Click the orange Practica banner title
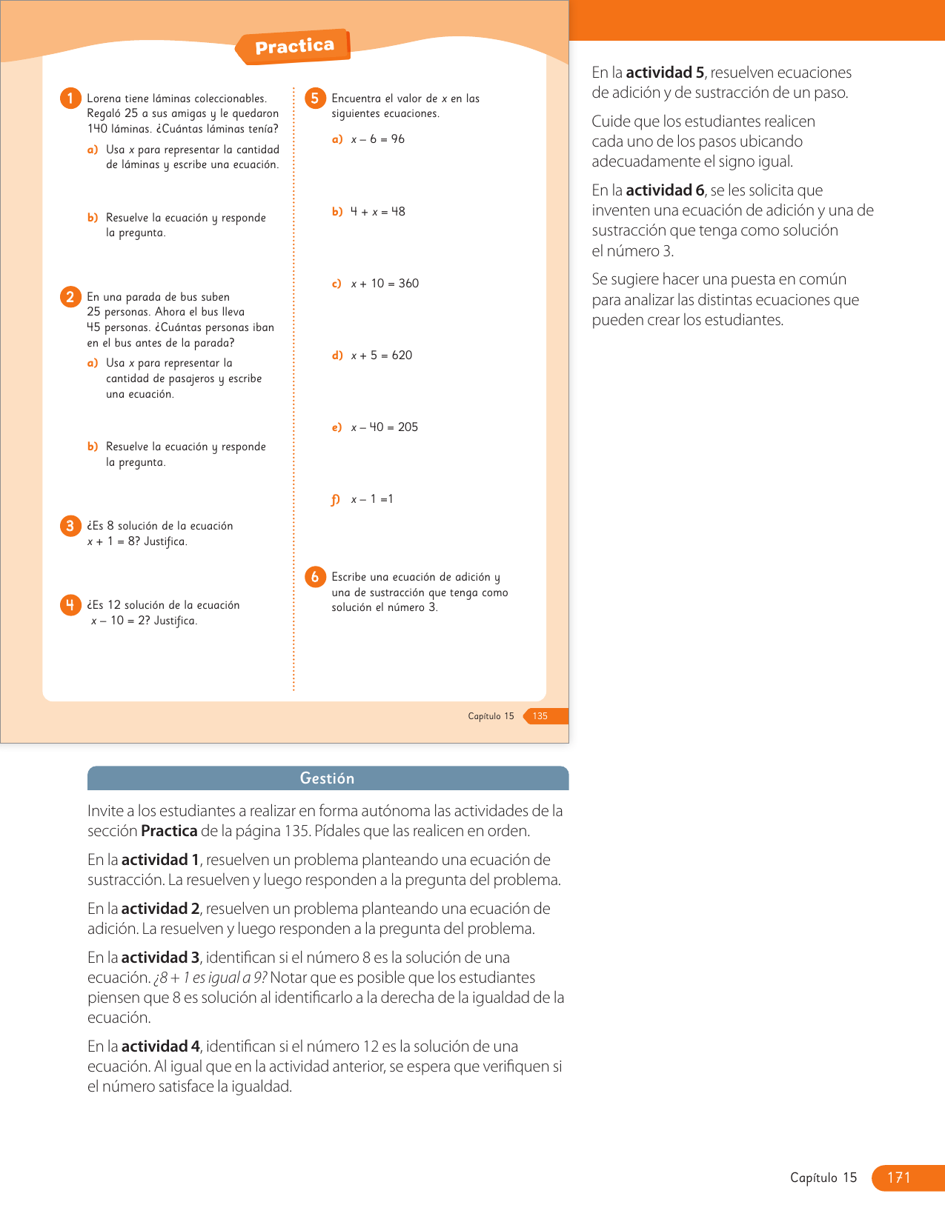[294, 47]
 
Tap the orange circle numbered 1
[70, 99]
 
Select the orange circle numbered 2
[70, 297]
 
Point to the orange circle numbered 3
[70, 526]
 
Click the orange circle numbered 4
[70, 605]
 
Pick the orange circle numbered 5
[315, 99]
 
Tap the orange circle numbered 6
[315, 577]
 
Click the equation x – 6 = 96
[378, 139]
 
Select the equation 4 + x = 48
[378, 212]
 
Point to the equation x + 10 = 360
[385, 284]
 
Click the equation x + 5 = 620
[382, 355]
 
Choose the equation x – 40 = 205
[385, 427]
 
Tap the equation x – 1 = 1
[372, 499]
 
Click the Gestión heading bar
[328, 778]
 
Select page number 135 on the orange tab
[540, 716]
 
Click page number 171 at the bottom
[898, 1178]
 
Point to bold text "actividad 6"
[665, 190]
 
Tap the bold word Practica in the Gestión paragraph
[169, 831]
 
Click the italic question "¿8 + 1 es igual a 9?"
[210, 978]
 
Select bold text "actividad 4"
[160, 1046]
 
